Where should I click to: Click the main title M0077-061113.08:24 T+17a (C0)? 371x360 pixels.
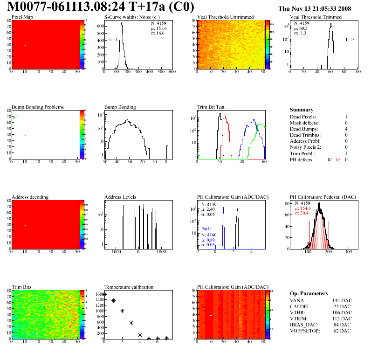pyautogui.click(x=101, y=7)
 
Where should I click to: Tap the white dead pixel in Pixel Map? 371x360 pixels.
pyautogui.click(x=25, y=45)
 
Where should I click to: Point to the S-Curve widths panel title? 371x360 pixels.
pyautogui.click(x=129, y=17)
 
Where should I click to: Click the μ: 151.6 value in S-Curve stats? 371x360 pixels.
pyautogui.click(x=158, y=28)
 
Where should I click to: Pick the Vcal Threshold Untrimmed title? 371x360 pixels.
pyautogui.click(x=225, y=17)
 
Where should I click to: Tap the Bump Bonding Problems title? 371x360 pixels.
pyautogui.click(x=37, y=107)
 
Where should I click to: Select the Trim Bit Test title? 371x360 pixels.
pyautogui.click(x=211, y=107)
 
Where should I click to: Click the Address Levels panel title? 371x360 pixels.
pyautogui.click(x=120, y=197)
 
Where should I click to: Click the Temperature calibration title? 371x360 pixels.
pyautogui.click(x=129, y=287)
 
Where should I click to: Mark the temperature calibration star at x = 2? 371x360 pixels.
pyautogui.click(x=122, y=311)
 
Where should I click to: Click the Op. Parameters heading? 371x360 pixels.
pyautogui.click(x=309, y=294)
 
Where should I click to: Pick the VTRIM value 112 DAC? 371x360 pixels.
pyautogui.click(x=344, y=318)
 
